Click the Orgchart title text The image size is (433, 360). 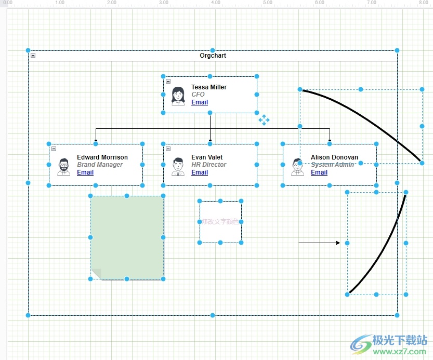click(x=213, y=56)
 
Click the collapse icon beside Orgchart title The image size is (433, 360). click(x=33, y=56)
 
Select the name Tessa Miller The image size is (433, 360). click(x=208, y=87)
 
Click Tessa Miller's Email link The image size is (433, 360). click(x=200, y=102)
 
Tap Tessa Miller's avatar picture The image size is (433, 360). click(x=178, y=96)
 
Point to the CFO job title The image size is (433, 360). click(x=198, y=95)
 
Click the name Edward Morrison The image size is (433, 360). click(x=102, y=157)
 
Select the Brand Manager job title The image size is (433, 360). click(x=100, y=165)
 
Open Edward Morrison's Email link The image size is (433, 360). click(x=85, y=172)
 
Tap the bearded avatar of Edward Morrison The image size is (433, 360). click(x=63, y=166)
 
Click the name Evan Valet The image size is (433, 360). click(x=206, y=157)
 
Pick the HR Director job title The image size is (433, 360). click(x=208, y=165)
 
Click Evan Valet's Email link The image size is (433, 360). click(x=200, y=172)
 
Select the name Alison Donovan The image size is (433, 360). click(x=334, y=157)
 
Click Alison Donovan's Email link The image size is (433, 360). click(x=319, y=172)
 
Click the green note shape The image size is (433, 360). click(x=127, y=234)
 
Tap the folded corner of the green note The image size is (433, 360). click(x=96, y=274)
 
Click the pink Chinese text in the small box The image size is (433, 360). click(x=220, y=221)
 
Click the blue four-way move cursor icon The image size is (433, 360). click(x=264, y=120)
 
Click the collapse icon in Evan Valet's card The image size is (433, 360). click(x=168, y=149)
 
